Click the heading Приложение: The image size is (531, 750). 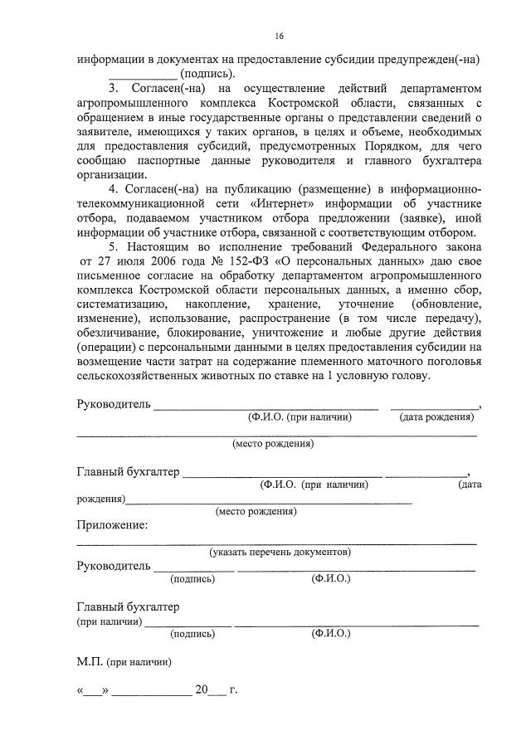coord(113,524)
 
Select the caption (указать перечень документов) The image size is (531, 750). coord(280,552)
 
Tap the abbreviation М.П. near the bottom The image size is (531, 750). coord(89,662)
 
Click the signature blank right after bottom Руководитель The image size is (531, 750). coord(194,568)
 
